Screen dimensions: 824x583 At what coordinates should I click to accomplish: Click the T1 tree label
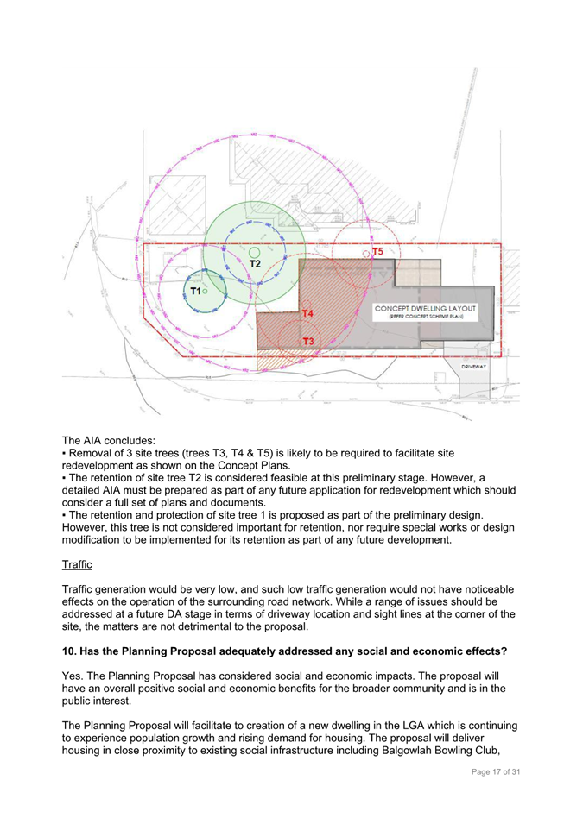[x=196, y=292]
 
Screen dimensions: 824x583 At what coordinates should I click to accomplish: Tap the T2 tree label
[x=255, y=263]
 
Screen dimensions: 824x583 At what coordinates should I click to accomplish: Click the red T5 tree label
[x=377, y=251]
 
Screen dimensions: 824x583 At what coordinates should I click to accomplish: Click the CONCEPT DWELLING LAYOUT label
[x=426, y=308]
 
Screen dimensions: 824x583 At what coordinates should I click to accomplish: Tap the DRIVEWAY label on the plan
[x=474, y=367]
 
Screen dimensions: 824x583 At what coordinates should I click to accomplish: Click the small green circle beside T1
[x=206, y=292]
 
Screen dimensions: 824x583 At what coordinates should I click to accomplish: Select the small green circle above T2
[x=254, y=253]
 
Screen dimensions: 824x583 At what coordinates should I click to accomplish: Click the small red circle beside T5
[x=367, y=253]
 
